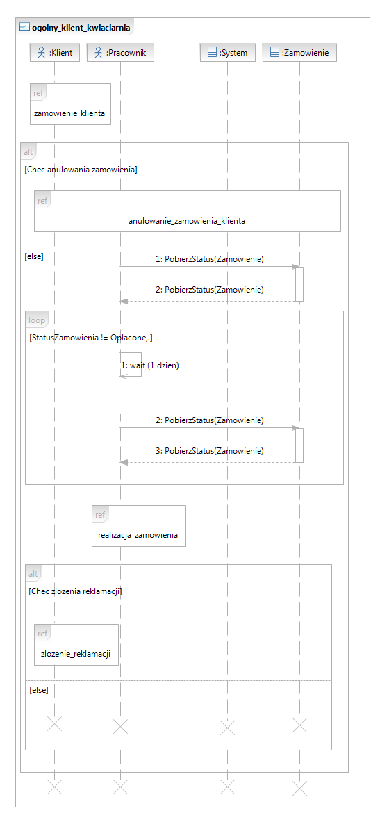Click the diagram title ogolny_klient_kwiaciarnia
click(x=81, y=26)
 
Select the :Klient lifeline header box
click(x=55, y=52)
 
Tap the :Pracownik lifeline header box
click(x=121, y=52)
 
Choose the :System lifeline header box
click(x=228, y=52)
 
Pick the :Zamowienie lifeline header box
click(x=299, y=52)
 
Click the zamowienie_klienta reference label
click(x=69, y=113)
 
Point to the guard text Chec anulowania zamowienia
click(x=81, y=170)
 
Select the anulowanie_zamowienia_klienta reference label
click(x=187, y=221)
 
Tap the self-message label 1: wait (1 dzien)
click(x=150, y=366)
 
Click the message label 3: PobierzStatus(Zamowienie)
click(x=214, y=451)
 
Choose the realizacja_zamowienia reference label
click(x=138, y=536)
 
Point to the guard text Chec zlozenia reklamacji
click(x=76, y=591)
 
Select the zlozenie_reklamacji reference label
click(x=76, y=654)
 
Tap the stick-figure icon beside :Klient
click(x=42, y=52)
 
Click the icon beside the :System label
click(x=213, y=52)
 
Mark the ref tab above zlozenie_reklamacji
click(x=42, y=633)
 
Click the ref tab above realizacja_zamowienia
click(x=100, y=515)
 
